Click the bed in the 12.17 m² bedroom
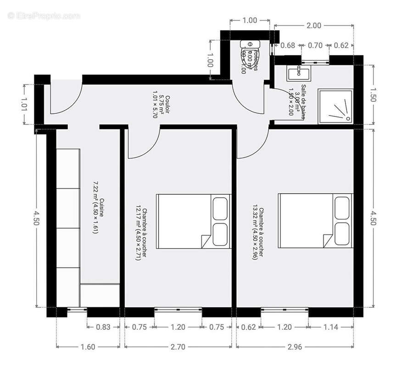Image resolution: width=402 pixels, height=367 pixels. (x=193, y=221)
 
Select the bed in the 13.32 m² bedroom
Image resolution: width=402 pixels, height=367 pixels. (x=315, y=221)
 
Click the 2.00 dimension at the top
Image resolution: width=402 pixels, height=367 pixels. (x=313, y=26)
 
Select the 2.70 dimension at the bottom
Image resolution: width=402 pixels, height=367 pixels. (x=178, y=347)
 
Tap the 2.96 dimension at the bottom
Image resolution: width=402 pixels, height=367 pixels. (x=295, y=347)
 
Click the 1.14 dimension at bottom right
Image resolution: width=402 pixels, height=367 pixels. (x=330, y=327)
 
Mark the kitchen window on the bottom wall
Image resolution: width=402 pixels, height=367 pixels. (x=77, y=310)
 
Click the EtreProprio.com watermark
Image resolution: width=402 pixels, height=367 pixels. (x=44, y=16)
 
